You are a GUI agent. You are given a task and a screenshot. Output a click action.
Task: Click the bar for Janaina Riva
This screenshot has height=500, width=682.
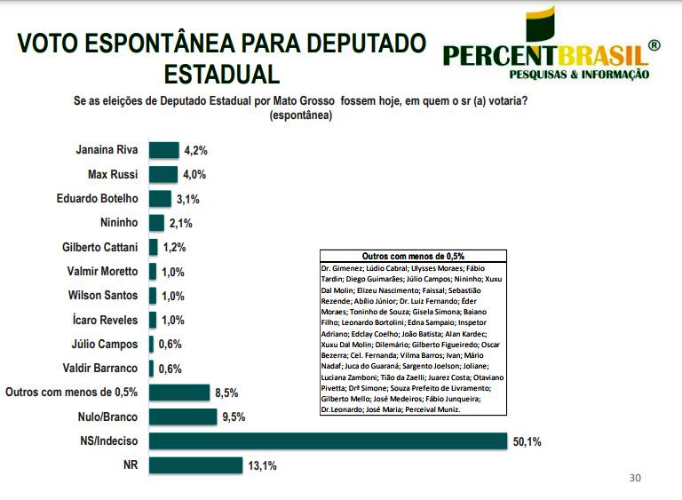pyautogui.click(x=163, y=150)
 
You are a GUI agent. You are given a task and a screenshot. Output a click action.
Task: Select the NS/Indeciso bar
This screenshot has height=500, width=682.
pyautogui.click(x=326, y=440)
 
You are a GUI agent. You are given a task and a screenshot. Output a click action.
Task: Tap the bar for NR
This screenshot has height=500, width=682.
pyautogui.click(x=195, y=464)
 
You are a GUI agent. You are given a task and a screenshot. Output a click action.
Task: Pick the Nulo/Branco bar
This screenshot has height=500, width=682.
pyautogui.click(x=183, y=417)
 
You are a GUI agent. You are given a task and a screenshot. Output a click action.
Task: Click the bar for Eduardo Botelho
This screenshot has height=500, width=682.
pyautogui.click(x=160, y=199)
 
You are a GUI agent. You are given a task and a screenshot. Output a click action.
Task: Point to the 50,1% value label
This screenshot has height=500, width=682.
pyautogui.click(x=526, y=440)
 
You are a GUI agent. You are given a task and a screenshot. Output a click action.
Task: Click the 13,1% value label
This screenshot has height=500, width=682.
pyautogui.click(x=263, y=464)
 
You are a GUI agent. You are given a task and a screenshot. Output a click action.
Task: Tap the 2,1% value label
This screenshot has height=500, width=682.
pyautogui.click(x=181, y=223)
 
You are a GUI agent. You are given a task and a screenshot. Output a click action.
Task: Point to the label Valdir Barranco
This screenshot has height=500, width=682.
pyautogui.click(x=100, y=369)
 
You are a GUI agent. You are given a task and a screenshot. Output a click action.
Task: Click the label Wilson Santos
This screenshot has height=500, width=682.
pyautogui.click(x=103, y=296)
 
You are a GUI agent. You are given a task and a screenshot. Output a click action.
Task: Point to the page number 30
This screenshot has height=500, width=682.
pyautogui.click(x=634, y=478)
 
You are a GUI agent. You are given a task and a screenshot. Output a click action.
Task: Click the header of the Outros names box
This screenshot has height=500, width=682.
pyautogui.click(x=413, y=255)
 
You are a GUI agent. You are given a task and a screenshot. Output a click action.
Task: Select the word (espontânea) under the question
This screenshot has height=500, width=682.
pyautogui.click(x=300, y=115)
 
